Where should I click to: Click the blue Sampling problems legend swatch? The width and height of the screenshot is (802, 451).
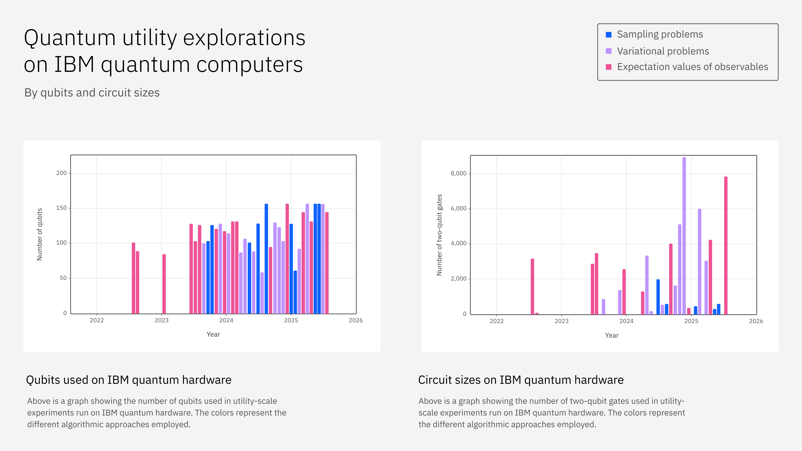[608, 35]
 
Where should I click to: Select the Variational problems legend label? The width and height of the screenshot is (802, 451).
[663, 51]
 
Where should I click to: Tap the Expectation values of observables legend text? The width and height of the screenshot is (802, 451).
[692, 67]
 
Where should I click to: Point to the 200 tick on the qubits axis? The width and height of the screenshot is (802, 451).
[61, 173]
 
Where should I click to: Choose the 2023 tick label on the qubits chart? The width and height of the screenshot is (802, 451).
[161, 320]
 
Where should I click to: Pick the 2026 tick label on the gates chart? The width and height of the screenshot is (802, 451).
[756, 321]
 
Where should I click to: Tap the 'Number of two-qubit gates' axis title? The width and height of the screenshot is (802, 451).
[439, 235]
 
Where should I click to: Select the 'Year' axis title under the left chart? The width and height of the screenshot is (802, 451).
[213, 334]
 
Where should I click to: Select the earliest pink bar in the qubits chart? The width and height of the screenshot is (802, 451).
[134, 278]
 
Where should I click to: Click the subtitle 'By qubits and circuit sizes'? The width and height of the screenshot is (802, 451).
[92, 93]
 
